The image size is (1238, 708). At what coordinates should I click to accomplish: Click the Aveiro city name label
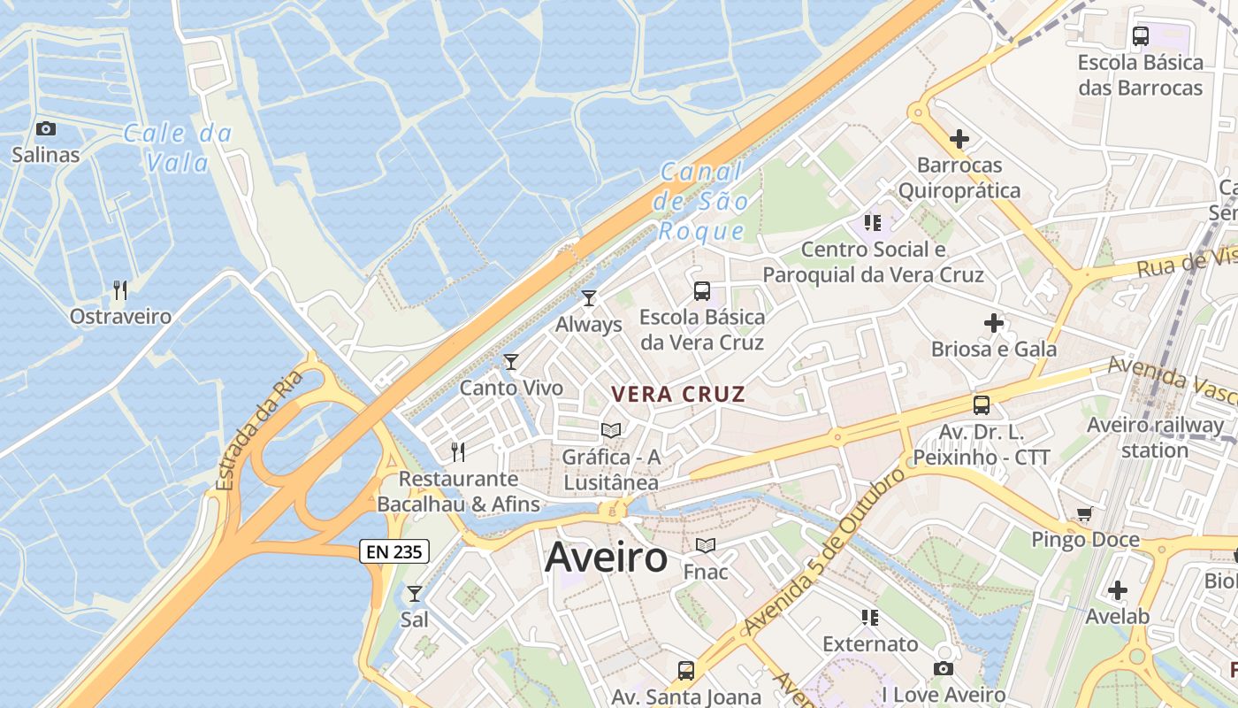pos(606,558)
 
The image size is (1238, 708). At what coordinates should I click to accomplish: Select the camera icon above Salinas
pos(46,129)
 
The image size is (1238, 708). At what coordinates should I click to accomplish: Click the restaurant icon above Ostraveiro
pos(120,289)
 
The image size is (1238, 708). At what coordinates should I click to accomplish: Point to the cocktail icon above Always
pos(589,298)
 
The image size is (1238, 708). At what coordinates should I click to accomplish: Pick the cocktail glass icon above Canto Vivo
pos(511,361)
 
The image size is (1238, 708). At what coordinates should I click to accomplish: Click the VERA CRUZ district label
pos(679,395)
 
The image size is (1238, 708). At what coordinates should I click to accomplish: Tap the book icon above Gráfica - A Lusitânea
pos(611,431)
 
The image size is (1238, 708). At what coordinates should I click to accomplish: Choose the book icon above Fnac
pos(706,545)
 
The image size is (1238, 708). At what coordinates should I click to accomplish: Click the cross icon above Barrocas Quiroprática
pos(959,139)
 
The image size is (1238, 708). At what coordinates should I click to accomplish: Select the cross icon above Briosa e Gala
pos(994,323)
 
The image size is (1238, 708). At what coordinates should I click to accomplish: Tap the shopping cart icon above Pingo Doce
pos(1085,514)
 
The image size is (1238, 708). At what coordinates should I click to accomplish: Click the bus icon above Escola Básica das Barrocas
pos(1141,36)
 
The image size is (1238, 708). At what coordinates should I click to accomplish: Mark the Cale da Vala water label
pos(177,148)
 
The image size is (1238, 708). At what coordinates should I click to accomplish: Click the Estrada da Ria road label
pos(259,430)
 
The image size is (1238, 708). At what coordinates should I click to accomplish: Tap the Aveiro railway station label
pos(1155,437)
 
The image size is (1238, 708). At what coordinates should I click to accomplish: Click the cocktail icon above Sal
pos(414,593)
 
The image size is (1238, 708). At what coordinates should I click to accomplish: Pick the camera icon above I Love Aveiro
pos(944,669)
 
